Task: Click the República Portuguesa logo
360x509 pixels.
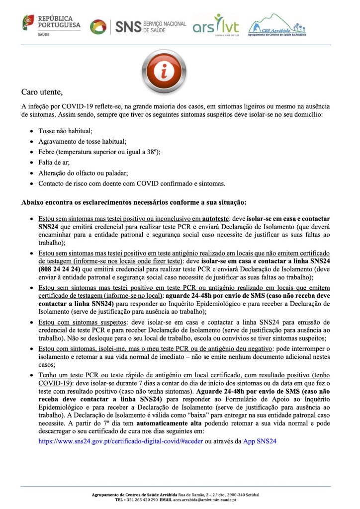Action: click(51, 24)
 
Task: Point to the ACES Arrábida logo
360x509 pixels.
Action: click(277, 26)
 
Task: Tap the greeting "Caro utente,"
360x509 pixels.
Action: click(42, 92)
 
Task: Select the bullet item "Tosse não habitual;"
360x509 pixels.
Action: click(65, 131)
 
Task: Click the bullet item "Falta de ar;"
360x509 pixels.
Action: click(54, 163)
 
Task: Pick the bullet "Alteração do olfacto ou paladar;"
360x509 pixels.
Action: click(83, 173)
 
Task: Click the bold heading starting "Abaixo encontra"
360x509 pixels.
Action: click(134, 202)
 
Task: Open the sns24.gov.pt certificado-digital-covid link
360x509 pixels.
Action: click(120, 440)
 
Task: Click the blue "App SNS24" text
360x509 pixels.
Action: click(259, 440)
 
